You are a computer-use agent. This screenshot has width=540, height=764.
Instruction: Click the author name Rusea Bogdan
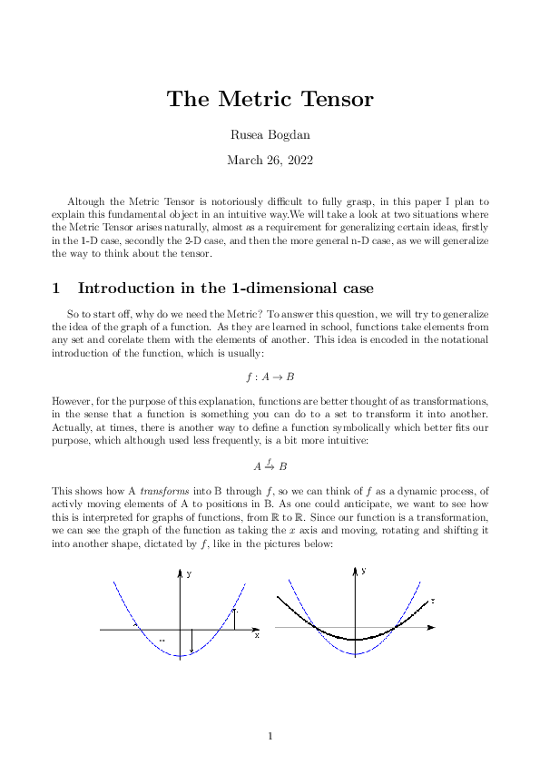(x=270, y=136)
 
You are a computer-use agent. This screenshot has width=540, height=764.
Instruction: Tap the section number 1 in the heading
(x=56, y=289)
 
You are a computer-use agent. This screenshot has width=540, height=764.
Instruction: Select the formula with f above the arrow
(x=270, y=465)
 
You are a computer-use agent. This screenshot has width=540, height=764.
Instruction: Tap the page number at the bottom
(x=270, y=736)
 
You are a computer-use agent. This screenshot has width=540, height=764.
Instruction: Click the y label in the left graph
(x=189, y=574)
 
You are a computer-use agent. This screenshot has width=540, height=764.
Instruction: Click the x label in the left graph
(x=257, y=635)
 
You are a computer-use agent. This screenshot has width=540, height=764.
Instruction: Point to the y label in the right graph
(x=363, y=571)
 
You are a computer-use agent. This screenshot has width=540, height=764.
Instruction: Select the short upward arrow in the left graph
(x=235, y=618)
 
